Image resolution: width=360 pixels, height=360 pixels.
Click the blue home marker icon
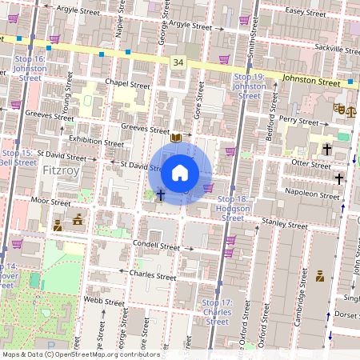point(180,172)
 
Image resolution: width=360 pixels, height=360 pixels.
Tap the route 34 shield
point(178,62)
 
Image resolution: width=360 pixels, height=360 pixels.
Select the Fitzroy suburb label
point(61,170)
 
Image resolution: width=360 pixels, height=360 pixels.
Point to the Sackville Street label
point(335,49)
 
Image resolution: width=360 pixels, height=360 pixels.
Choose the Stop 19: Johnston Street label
point(248,86)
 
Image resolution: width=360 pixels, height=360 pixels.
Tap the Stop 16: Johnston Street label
point(30,69)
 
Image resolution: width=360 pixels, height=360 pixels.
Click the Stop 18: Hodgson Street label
point(233,207)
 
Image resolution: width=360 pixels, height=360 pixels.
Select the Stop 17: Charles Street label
point(216,312)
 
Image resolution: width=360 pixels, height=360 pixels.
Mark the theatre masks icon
point(339,106)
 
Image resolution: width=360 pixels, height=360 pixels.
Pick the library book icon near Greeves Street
point(176,138)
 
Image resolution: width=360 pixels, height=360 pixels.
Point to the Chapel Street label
point(128,85)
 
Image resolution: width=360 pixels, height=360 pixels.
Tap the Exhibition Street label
point(97,140)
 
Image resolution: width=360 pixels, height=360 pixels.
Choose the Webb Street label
point(104,302)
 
